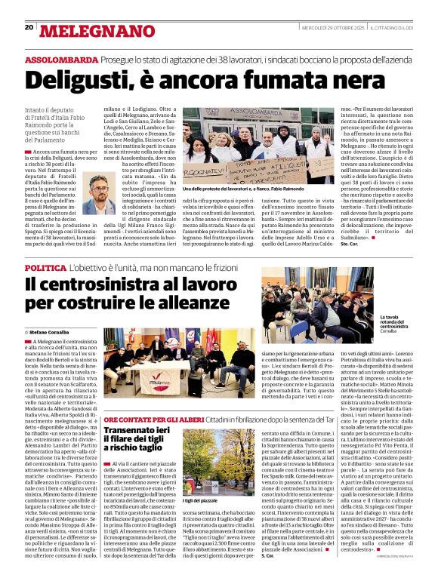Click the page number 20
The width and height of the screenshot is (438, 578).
(29, 27)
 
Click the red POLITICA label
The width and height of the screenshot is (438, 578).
(45, 268)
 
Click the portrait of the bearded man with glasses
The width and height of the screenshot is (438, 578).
(97, 195)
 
